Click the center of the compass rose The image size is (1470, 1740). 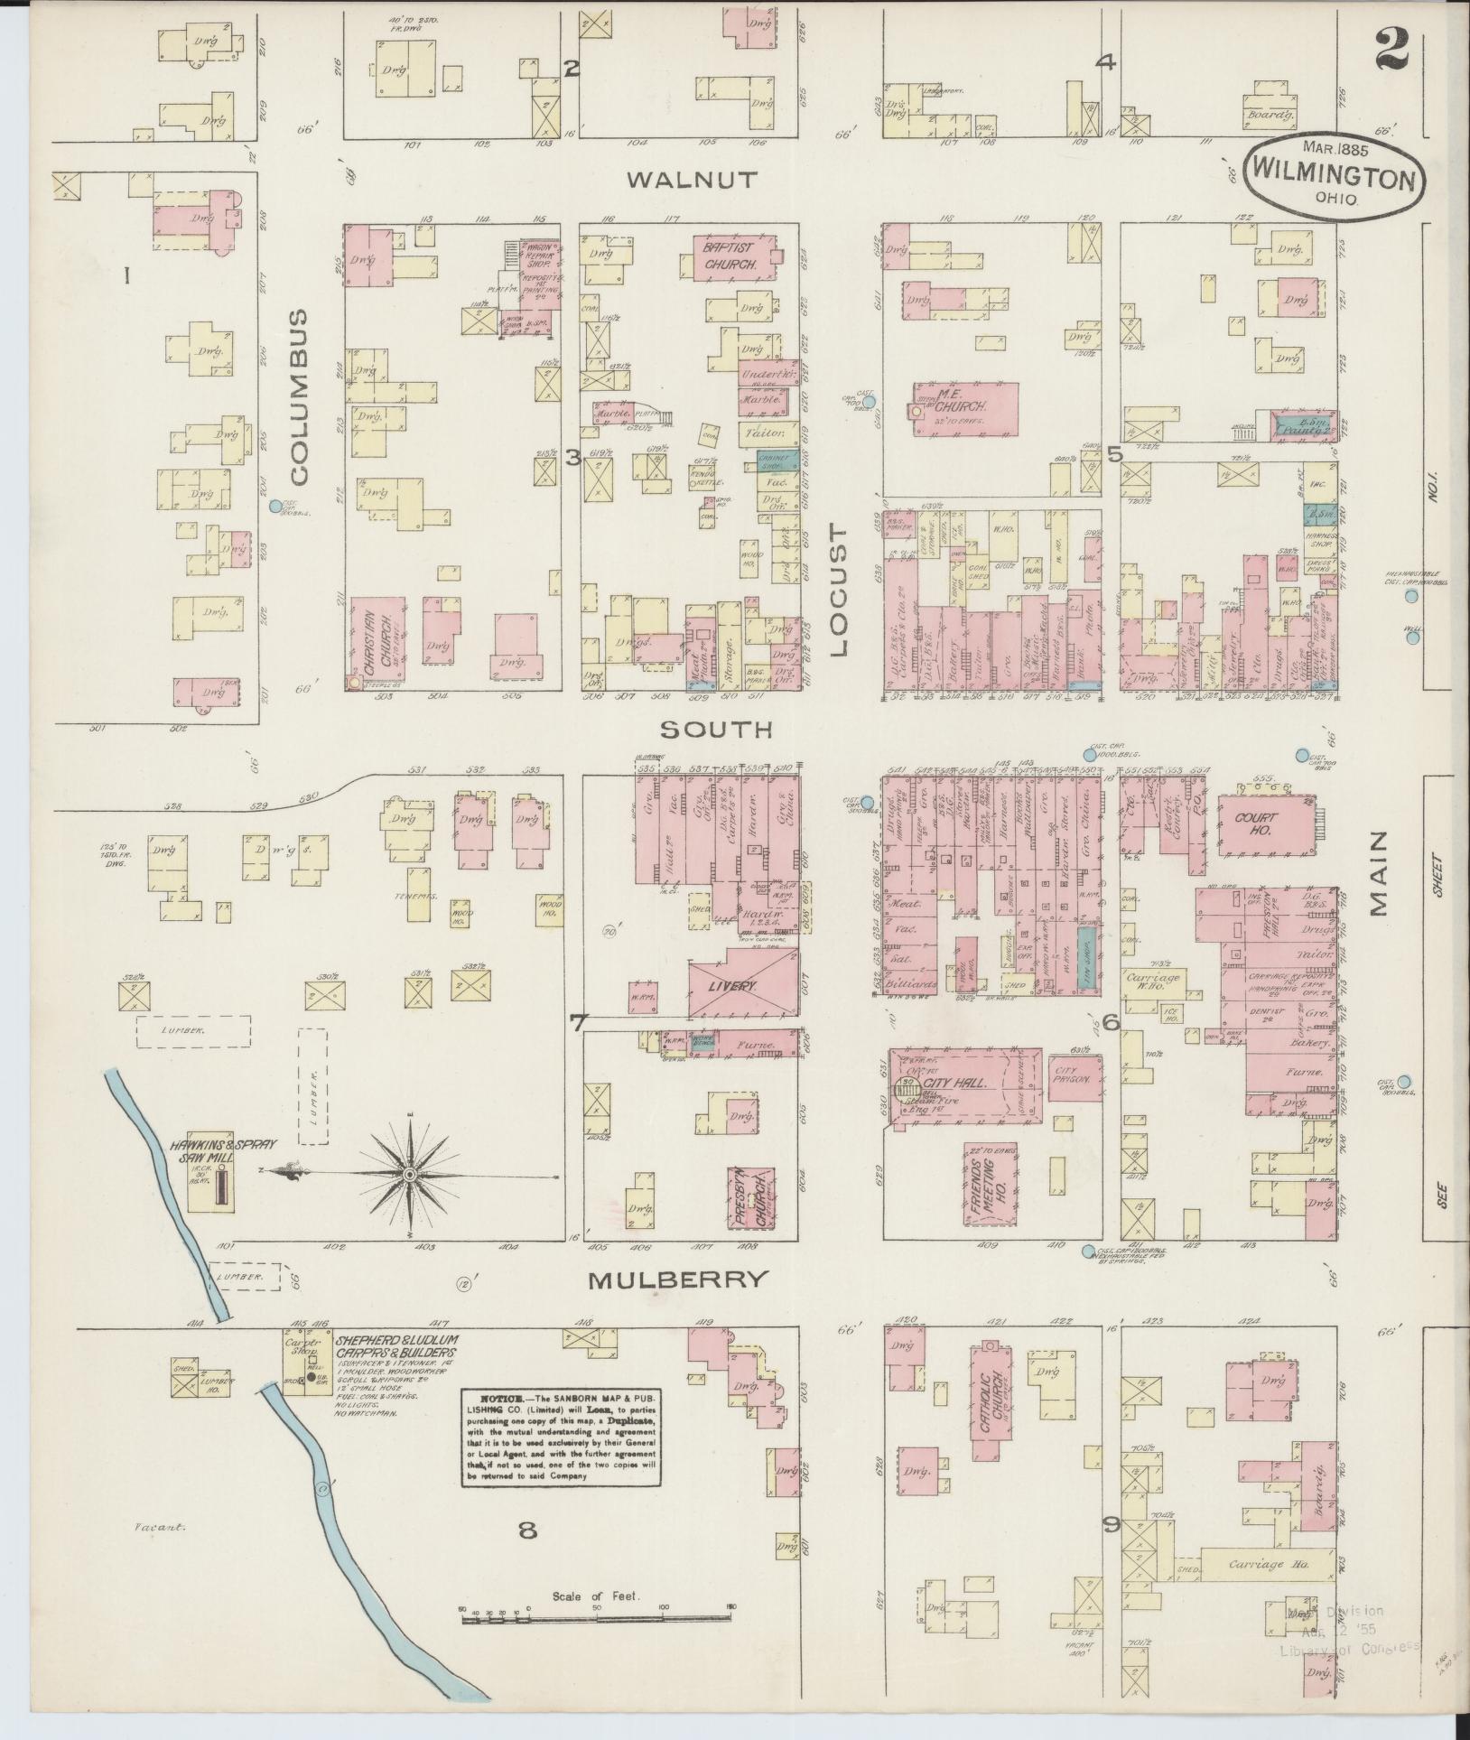(x=411, y=1174)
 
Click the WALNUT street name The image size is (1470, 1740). (x=692, y=179)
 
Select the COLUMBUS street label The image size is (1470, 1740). (x=300, y=396)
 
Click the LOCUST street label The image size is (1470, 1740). (x=839, y=593)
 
